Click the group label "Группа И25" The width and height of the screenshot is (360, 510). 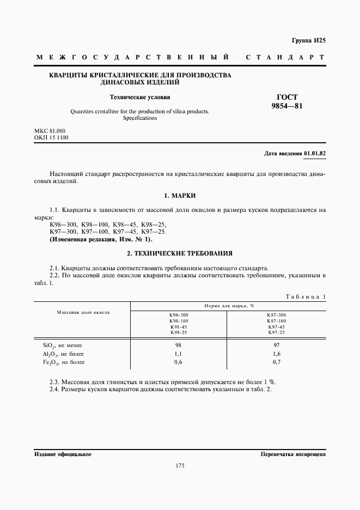[x=308, y=40]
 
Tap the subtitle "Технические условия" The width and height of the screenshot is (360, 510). [x=140, y=98]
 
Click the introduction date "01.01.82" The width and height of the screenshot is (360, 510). [x=315, y=154]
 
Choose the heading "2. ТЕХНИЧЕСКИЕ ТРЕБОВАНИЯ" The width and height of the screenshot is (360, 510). [x=179, y=253]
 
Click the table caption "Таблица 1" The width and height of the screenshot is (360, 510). [x=305, y=296]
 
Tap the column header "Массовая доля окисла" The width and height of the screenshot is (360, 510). [x=83, y=313]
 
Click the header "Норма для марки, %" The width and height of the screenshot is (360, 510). [x=228, y=306]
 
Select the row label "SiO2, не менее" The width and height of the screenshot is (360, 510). [x=62, y=345]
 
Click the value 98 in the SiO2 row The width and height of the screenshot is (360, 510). [x=179, y=345]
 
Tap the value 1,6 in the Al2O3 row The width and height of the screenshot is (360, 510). [x=277, y=354]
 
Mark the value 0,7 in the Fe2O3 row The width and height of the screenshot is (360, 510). [x=277, y=362]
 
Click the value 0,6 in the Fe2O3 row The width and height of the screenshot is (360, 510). [x=179, y=362]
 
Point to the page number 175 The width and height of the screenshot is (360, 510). [x=180, y=465]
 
